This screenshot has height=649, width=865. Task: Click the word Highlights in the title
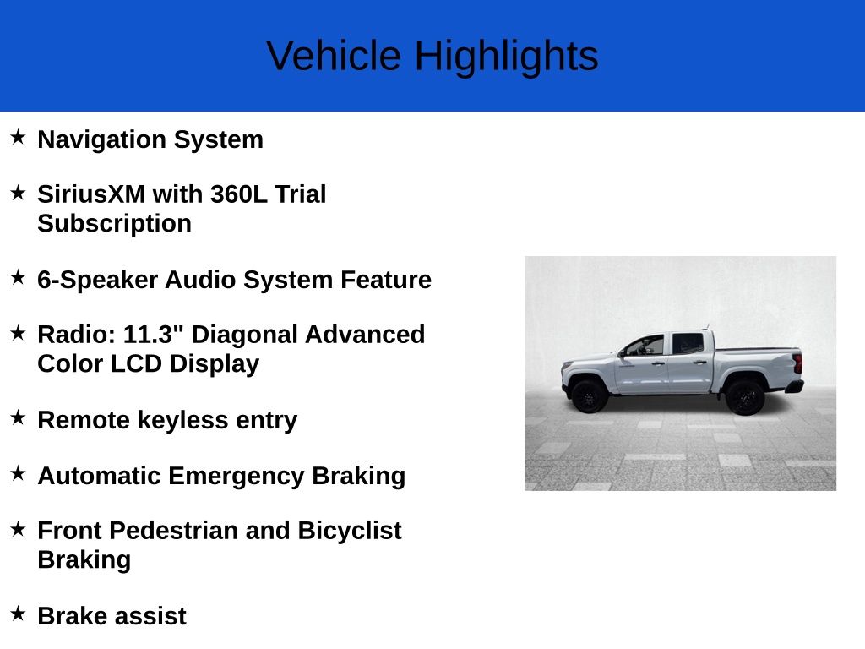click(506, 57)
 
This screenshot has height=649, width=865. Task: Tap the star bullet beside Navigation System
click(18, 137)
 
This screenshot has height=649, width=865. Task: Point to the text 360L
click(239, 194)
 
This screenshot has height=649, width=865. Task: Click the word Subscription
click(114, 224)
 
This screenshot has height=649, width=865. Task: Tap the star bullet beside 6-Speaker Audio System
click(18, 277)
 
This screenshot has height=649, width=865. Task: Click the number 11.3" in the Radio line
click(154, 335)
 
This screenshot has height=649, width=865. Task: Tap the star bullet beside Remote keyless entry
click(18, 417)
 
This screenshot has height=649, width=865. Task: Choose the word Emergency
click(237, 476)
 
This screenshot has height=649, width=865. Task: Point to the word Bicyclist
click(349, 531)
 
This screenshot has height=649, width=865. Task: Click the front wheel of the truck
click(589, 395)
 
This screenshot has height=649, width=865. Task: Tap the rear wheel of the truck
click(744, 396)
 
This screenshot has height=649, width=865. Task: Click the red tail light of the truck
click(797, 364)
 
